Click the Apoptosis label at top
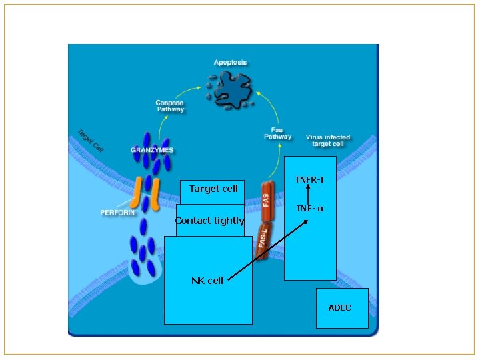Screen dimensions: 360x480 pos(230,62)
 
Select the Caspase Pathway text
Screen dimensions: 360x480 pos(169,106)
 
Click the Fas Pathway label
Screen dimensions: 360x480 pos(277,133)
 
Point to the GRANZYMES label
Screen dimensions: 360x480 pos(152,150)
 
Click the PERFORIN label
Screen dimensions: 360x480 pos(117,213)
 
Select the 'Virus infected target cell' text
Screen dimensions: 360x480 pos(328,140)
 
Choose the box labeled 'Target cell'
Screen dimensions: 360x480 pos(213,189)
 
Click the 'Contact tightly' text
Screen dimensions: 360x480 pos(209,221)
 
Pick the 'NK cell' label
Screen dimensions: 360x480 pos(207,281)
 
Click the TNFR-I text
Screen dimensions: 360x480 pos(309,180)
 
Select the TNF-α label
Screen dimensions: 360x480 pos(309,209)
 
